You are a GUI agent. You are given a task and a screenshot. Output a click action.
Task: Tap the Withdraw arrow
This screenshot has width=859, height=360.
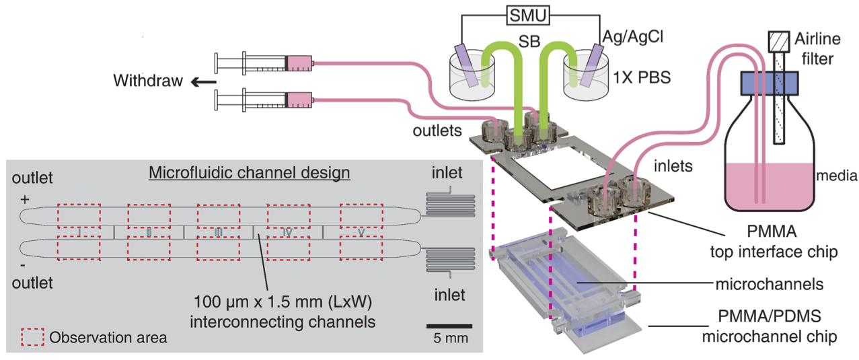click(x=201, y=82)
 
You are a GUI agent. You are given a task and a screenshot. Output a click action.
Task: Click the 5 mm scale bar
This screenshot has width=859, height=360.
click(x=449, y=326)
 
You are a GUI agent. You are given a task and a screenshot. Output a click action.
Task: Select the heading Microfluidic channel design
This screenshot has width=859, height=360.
click(x=249, y=173)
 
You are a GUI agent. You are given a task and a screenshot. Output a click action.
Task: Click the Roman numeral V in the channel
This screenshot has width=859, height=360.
click(x=362, y=233)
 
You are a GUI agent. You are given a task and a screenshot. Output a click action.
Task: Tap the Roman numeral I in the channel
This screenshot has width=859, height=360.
click(x=79, y=233)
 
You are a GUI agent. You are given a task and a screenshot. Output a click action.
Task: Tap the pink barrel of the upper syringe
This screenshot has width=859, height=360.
click(x=299, y=63)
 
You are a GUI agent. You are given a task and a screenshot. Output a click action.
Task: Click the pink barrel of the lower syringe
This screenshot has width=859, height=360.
click(x=299, y=101)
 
